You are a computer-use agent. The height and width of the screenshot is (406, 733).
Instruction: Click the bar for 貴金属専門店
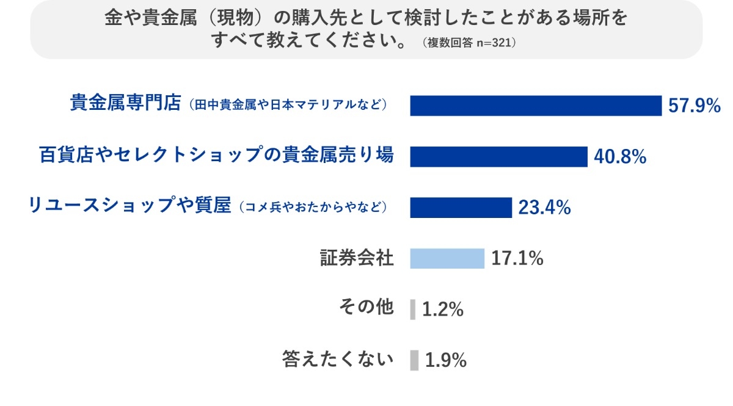[536, 106]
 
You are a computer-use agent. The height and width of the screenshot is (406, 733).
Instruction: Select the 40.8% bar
[498, 156]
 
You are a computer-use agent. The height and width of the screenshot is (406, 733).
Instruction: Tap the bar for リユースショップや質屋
[461, 208]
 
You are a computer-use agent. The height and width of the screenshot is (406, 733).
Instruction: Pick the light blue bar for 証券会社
[447, 259]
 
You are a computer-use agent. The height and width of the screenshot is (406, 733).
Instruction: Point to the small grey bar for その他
[413, 309]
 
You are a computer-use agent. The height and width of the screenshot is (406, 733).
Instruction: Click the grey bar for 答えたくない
[414, 360]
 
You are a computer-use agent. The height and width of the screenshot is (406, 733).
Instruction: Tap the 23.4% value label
[544, 208]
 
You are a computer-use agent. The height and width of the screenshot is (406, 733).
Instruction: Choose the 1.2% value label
[443, 310]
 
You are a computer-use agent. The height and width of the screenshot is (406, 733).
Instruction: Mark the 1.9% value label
[446, 360]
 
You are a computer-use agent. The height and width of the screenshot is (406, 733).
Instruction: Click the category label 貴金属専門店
[125, 103]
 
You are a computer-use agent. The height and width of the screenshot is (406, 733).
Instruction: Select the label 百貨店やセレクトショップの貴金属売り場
[216, 155]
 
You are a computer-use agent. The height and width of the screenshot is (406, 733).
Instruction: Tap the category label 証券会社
[357, 258]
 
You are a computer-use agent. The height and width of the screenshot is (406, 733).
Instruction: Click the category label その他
[366, 308]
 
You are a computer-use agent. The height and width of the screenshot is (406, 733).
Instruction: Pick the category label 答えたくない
[337, 360]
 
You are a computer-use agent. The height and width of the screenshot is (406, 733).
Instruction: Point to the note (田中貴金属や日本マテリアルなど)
[288, 104]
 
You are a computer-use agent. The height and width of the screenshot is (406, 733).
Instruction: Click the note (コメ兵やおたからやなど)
[312, 207]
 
